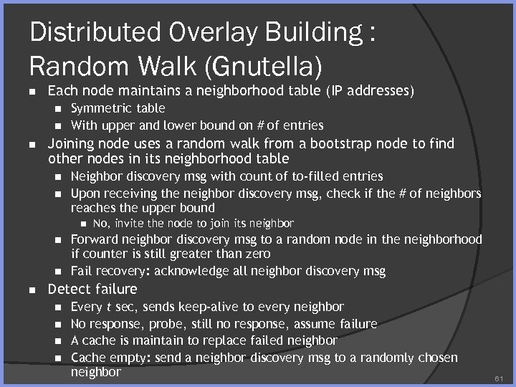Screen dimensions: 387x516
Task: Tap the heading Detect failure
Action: pyautogui.click(x=92, y=289)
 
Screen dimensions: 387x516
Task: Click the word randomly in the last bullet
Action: pyautogui.click(x=381, y=356)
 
